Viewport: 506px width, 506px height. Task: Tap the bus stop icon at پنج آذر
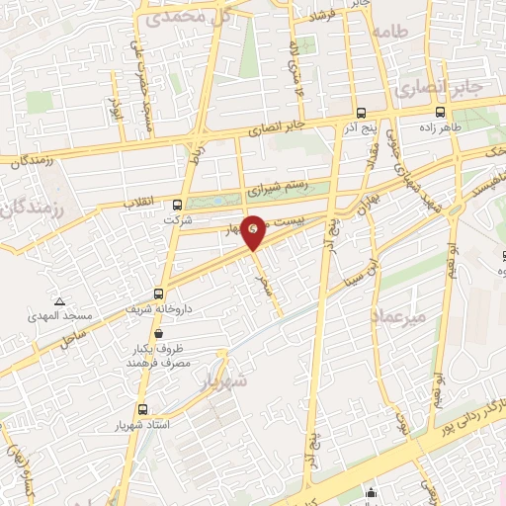click(359, 112)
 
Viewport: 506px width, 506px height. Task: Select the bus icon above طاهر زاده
click(454, 113)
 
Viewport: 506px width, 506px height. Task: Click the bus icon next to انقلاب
click(177, 205)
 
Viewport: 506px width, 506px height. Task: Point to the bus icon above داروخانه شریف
click(160, 294)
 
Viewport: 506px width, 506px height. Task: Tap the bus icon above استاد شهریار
click(144, 408)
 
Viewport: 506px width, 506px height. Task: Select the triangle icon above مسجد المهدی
click(61, 300)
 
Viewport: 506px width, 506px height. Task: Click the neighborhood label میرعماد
click(398, 316)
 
